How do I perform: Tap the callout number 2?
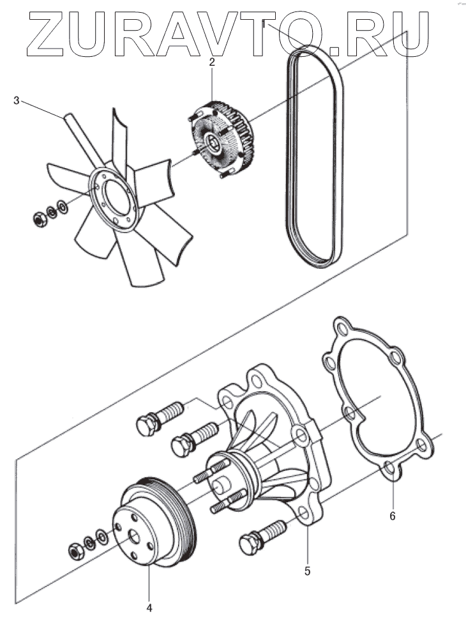212,63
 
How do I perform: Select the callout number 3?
17,100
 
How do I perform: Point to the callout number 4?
149,608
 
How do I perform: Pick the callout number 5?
307,571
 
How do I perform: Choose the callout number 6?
392,514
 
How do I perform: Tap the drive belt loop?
313,160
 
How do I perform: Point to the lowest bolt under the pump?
255,539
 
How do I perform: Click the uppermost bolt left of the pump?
153,421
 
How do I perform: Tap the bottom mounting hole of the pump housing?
303,512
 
